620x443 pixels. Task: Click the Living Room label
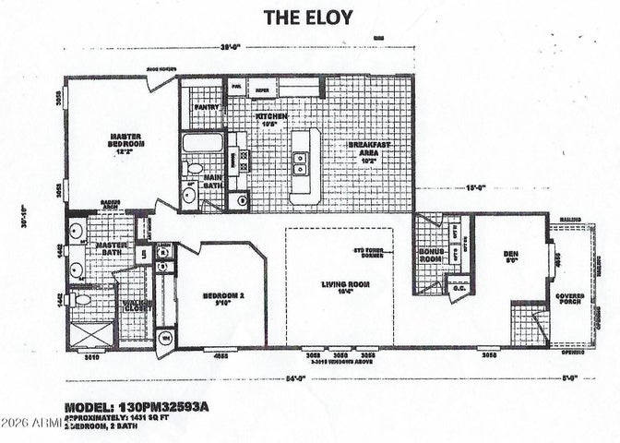click(x=340, y=288)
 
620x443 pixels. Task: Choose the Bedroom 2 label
click(x=221, y=299)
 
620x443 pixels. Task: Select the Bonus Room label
click(x=431, y=255)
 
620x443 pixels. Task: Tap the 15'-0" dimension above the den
click(x=474, y=190)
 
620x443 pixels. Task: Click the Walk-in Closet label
click(x=137, y=305)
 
